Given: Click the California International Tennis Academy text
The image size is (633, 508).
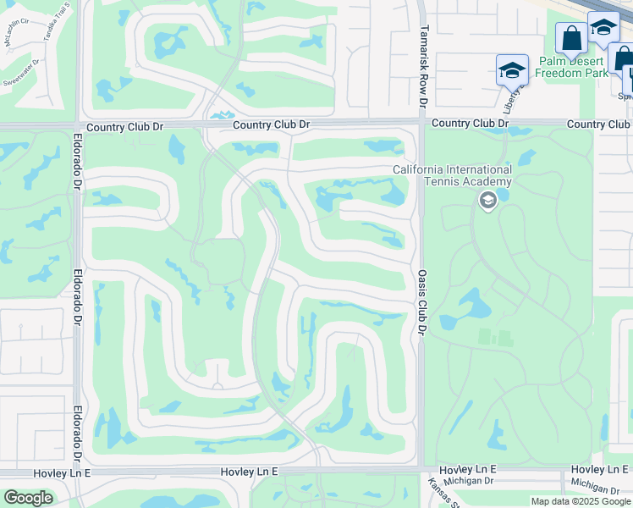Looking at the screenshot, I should click(452, 175).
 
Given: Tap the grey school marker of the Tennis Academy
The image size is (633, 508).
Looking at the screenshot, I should click(487, 201).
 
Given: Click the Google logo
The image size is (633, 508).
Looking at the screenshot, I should click(28, 497).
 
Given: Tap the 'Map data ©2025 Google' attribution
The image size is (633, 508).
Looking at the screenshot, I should click(581, 501).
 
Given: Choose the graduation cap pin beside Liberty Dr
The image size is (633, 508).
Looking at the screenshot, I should click(512, 70).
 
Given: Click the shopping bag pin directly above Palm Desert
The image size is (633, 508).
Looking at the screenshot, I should click(571, 38).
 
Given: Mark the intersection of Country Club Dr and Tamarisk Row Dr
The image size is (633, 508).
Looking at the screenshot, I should click(421, 124).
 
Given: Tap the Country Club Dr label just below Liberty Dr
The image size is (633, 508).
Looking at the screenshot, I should click(470, 124).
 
